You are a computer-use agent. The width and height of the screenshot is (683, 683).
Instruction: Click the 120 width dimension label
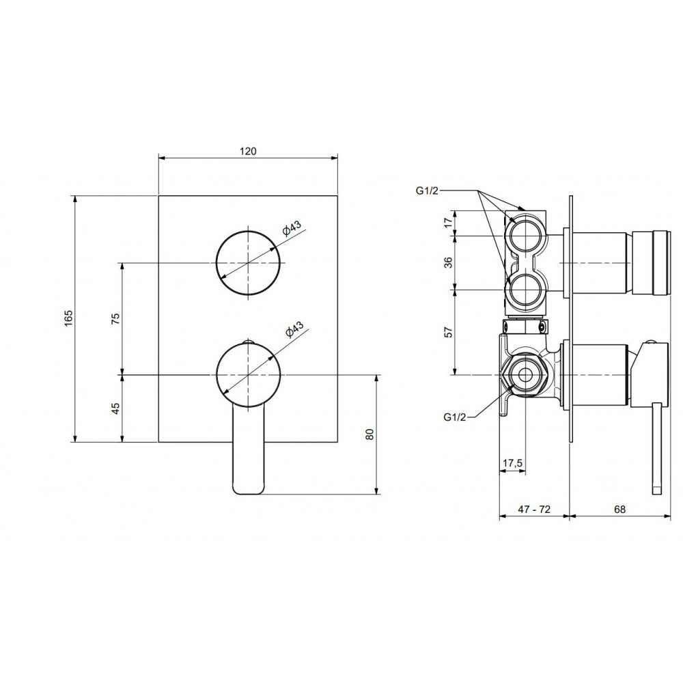click(248, 151)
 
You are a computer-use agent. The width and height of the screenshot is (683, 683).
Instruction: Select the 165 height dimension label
click(69, 318)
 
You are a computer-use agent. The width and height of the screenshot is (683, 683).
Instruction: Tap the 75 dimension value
click(115, 318)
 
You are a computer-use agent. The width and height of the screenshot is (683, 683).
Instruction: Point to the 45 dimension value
click(115, 408)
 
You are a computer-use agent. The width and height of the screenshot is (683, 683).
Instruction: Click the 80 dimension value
click(370, 434)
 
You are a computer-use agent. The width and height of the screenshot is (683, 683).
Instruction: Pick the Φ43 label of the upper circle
click(292, 228)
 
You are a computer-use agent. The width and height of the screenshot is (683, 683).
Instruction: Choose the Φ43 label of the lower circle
click(294, 330)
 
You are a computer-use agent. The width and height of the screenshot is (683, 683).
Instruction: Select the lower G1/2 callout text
click(455, 417)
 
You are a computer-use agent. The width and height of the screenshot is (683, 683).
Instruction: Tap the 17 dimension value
click(448, 223)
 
